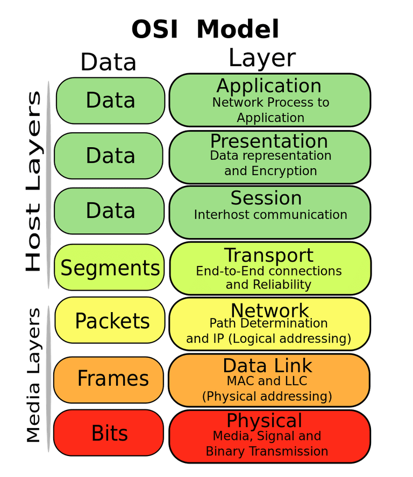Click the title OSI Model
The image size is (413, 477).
pyautogui.click(x=206, y=29)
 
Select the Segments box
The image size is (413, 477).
pyautogui.click(x=110, y=268)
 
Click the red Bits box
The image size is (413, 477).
pyautogui.click(x=110, y=433)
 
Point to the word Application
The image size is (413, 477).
pyautogui.click(x=269, y=86)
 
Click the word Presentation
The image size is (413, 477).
pyautogui.click(x=269, y=141)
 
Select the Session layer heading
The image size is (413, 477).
pyautogui.click(x=266, y=198)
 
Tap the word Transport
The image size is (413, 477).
pyautogui.click(x=268, y=255)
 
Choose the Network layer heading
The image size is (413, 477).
pyautogui.click(x=269, y=310)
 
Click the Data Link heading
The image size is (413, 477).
pyautogui.click(x=267, y=366)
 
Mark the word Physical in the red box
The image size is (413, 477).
pyautogui.click(x=264, y=421)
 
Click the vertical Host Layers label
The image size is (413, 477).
pyautogui.click(x=33, y=183)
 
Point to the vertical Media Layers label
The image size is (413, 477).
pyautogui.click(x=34, y=375)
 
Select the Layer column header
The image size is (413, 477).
pyautogui.click(x=262, y=58)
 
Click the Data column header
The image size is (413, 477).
pyautogui.click(x=108, y=62)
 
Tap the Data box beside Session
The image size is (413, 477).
pyautogui.click(x=110, y=211)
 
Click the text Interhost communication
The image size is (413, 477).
pyautogui.click(x=270, y=215)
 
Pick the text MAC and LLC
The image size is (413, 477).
pyautogui.click(x=266, y=381)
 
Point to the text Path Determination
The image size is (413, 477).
pyautogui.click(x=268, y=323)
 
